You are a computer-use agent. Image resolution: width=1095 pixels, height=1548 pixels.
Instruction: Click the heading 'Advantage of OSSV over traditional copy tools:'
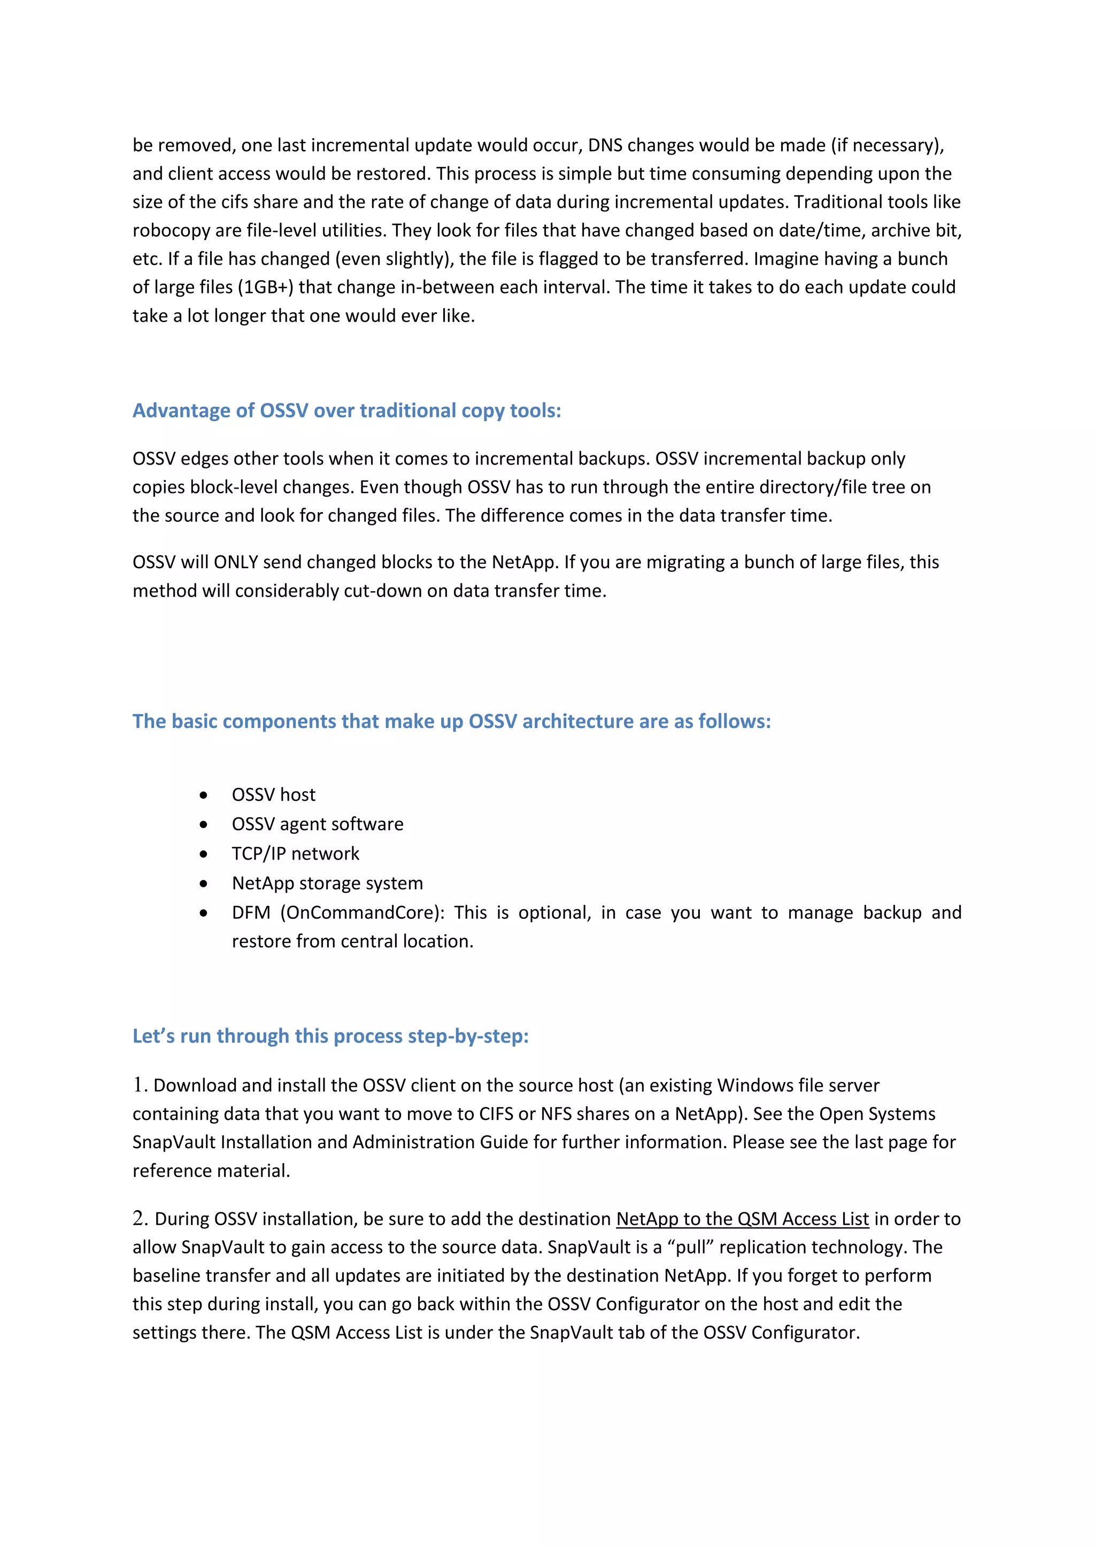tap(346, 411)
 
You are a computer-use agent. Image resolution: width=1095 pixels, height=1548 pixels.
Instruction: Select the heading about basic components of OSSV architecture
tap(451, 722)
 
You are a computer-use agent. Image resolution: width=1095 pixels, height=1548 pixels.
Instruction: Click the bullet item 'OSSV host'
tap(273, 795)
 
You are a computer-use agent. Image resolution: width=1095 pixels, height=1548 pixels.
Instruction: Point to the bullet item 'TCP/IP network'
tap(295, 854)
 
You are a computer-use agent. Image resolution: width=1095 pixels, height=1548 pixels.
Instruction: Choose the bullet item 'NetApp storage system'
tap(327, 883)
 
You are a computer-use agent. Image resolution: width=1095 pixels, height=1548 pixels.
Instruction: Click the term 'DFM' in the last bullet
tap(251, 913)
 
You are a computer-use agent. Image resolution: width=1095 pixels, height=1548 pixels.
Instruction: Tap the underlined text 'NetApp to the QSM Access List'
tap(742, 1219)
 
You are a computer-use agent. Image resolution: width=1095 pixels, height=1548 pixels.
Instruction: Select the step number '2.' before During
tap(140, 1218)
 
